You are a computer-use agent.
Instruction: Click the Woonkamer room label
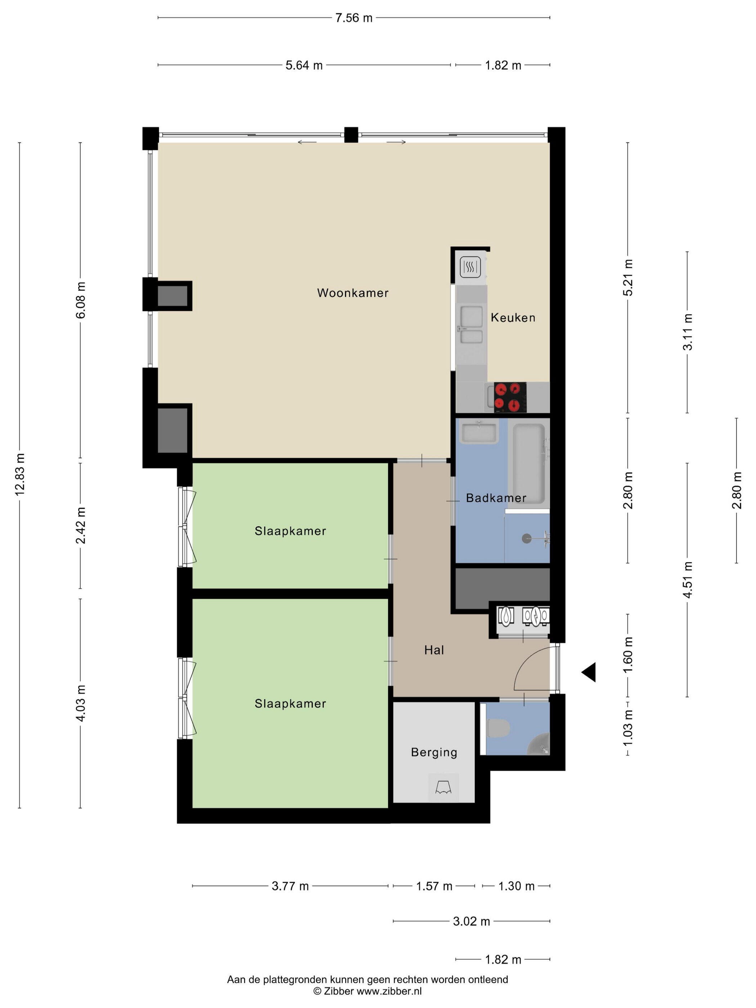coord(353,293)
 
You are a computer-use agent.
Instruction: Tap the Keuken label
coord(513,317)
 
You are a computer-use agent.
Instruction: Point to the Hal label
coord(434,650)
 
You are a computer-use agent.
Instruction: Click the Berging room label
coord(434,752)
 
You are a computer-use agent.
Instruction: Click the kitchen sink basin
coord(471,317)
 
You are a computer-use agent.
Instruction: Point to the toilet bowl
coord(498,728)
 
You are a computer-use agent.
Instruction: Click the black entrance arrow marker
coord(589,672)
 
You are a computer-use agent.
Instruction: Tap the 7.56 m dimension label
coord(354,18)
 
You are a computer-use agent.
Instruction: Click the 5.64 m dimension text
coord(304,65)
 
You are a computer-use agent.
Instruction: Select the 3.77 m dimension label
coord(290,886)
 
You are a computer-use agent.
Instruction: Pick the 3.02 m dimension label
coord(471,921)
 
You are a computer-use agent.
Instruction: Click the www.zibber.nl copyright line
coord(367,991)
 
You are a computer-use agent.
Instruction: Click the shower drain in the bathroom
coord(527,539)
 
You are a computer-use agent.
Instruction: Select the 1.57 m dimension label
coord(434,886)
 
